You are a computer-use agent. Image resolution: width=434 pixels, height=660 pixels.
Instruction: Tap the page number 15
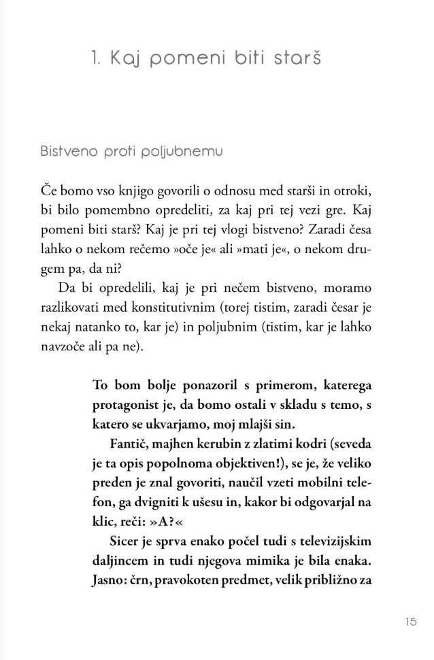point(410,621)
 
